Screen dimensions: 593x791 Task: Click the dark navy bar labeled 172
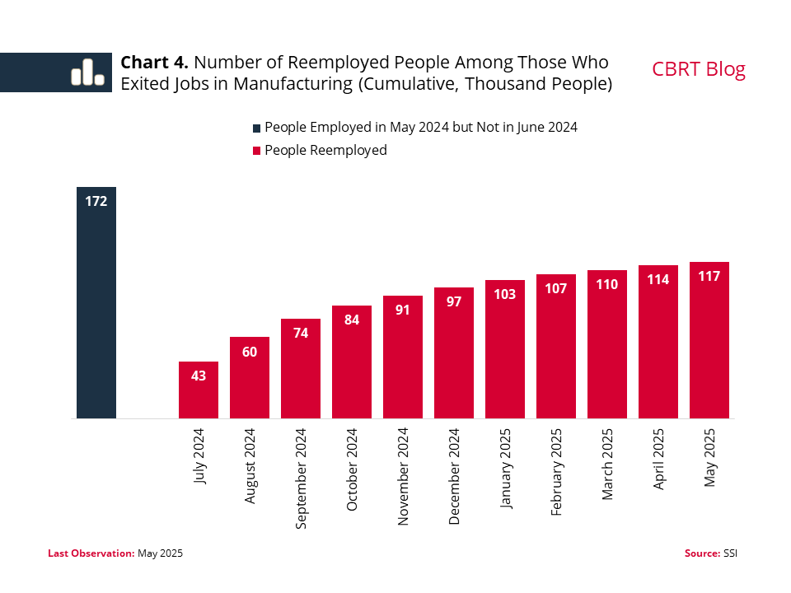pos(96,305)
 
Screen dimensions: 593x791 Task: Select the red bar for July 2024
pos(199,391)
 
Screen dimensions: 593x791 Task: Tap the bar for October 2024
pos(352,362)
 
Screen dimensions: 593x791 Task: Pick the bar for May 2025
pos(709,342)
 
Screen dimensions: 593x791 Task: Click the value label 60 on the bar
pos(250,352)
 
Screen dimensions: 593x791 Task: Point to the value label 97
pos(454,301)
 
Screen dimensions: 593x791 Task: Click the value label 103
pos(505,294)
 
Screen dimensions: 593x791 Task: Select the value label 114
pos(658,279)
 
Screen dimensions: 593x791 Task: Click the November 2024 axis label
pos(403,477)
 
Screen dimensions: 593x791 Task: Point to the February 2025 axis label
pos(556,472)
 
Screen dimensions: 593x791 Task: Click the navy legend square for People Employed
pos(256,128)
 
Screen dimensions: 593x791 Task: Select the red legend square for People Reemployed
pos(256,151)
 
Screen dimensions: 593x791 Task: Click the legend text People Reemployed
pos(325,151)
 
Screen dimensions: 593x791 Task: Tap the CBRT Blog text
pos(698,69)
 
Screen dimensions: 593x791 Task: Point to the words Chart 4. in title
pos(155,63)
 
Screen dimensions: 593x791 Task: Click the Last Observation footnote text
pos(115,553)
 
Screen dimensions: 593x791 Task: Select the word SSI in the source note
pos(731,553)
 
